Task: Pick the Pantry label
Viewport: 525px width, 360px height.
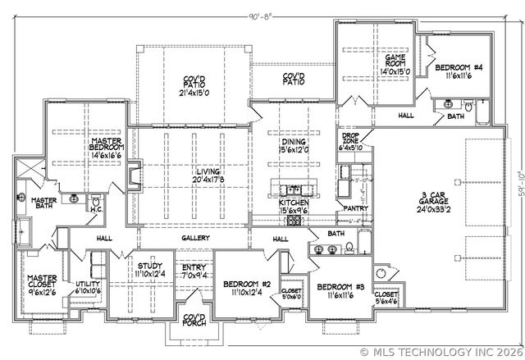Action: coord(355,208)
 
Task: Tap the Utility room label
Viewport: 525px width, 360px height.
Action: coord(87,286)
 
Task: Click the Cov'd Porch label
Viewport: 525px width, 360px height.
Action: coord(194,321)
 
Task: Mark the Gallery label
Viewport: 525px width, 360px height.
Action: coord(197,238)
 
